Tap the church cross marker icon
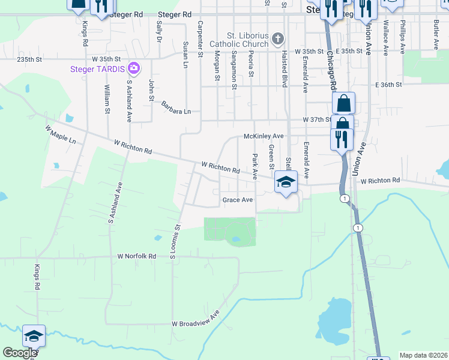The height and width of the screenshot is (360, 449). pyautogui.click(x=277, y=40)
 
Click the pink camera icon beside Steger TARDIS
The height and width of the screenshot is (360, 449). pyautogui.click(x=133, y=69)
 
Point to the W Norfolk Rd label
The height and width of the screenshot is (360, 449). pyautogui.click(x=136, y=256)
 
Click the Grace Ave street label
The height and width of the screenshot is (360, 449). pyautogui.click(x=237, y=200)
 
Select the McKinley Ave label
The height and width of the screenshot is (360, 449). pyautogui.click(x=264, y=136)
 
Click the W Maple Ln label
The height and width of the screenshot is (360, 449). pyautogui.click(x=61, y=134)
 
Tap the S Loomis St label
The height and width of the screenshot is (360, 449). pyautogui.click(x=175, y=242)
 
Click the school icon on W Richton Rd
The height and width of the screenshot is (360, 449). pyautogui.click(x=286, y=182)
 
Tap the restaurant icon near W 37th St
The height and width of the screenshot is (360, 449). pyautogui.click(x=342, y=139)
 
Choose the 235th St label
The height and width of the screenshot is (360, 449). pyautogui.click(x=30, y=60)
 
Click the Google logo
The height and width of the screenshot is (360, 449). pyautogui.click(x=20, y=353)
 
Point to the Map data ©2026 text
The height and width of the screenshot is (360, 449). pyautogui.click(x=423, y=355)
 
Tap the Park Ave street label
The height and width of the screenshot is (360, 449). pyautogui.click(x=255, y=167)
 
